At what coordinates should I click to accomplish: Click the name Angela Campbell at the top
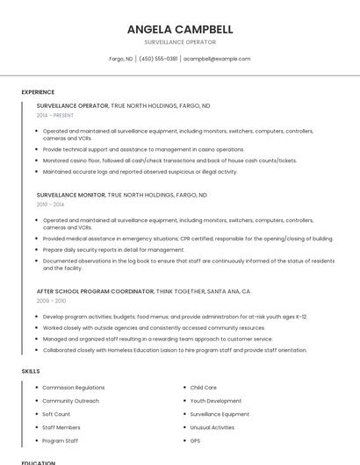tap(179, 29)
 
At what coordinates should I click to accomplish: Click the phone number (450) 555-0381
tap(158, 59)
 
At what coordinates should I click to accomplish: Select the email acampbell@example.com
tap(217, 59)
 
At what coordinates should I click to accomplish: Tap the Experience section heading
tap(38, 92)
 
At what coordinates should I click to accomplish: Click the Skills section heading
tap(31, 371)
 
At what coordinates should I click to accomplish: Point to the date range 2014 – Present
tap(55, 115)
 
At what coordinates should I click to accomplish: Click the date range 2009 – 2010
tap(50, 300)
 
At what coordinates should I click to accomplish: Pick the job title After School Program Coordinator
tap(95, 290)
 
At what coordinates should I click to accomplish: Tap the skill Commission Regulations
tap(73, 387)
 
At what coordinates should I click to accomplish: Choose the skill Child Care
tap(203, 387)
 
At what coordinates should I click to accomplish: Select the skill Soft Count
tap(56, 414)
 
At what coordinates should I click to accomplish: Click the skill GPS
tap(195, 440)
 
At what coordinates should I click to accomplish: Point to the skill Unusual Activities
tap(212, 427)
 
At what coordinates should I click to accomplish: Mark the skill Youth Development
tap(215, 401)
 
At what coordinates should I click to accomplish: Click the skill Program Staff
tap(60, 440)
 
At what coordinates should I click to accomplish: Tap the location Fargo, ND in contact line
tap(121, 59)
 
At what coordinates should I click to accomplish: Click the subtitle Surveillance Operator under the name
tap(179, 42)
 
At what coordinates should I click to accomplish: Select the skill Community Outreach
tap(70, 401)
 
